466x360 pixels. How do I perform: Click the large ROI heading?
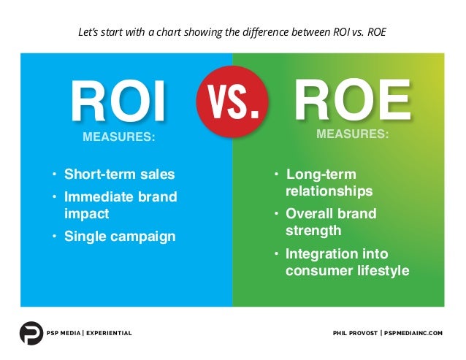point(118,104)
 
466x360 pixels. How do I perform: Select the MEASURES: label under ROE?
point(352,135)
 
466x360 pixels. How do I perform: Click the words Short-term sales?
point(120,175)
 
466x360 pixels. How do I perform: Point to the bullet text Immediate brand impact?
point(120,205)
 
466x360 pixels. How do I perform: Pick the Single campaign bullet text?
point(120,237)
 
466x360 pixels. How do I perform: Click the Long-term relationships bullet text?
point(328,183)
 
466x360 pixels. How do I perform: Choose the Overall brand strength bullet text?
point(330,222)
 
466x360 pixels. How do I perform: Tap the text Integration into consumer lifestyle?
point(346,262)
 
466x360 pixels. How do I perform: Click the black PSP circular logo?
point(31,333)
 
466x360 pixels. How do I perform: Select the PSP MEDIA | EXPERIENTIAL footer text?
point(90,334)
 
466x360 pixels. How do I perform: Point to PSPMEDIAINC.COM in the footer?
point(414,334)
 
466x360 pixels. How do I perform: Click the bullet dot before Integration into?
point(276,255)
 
